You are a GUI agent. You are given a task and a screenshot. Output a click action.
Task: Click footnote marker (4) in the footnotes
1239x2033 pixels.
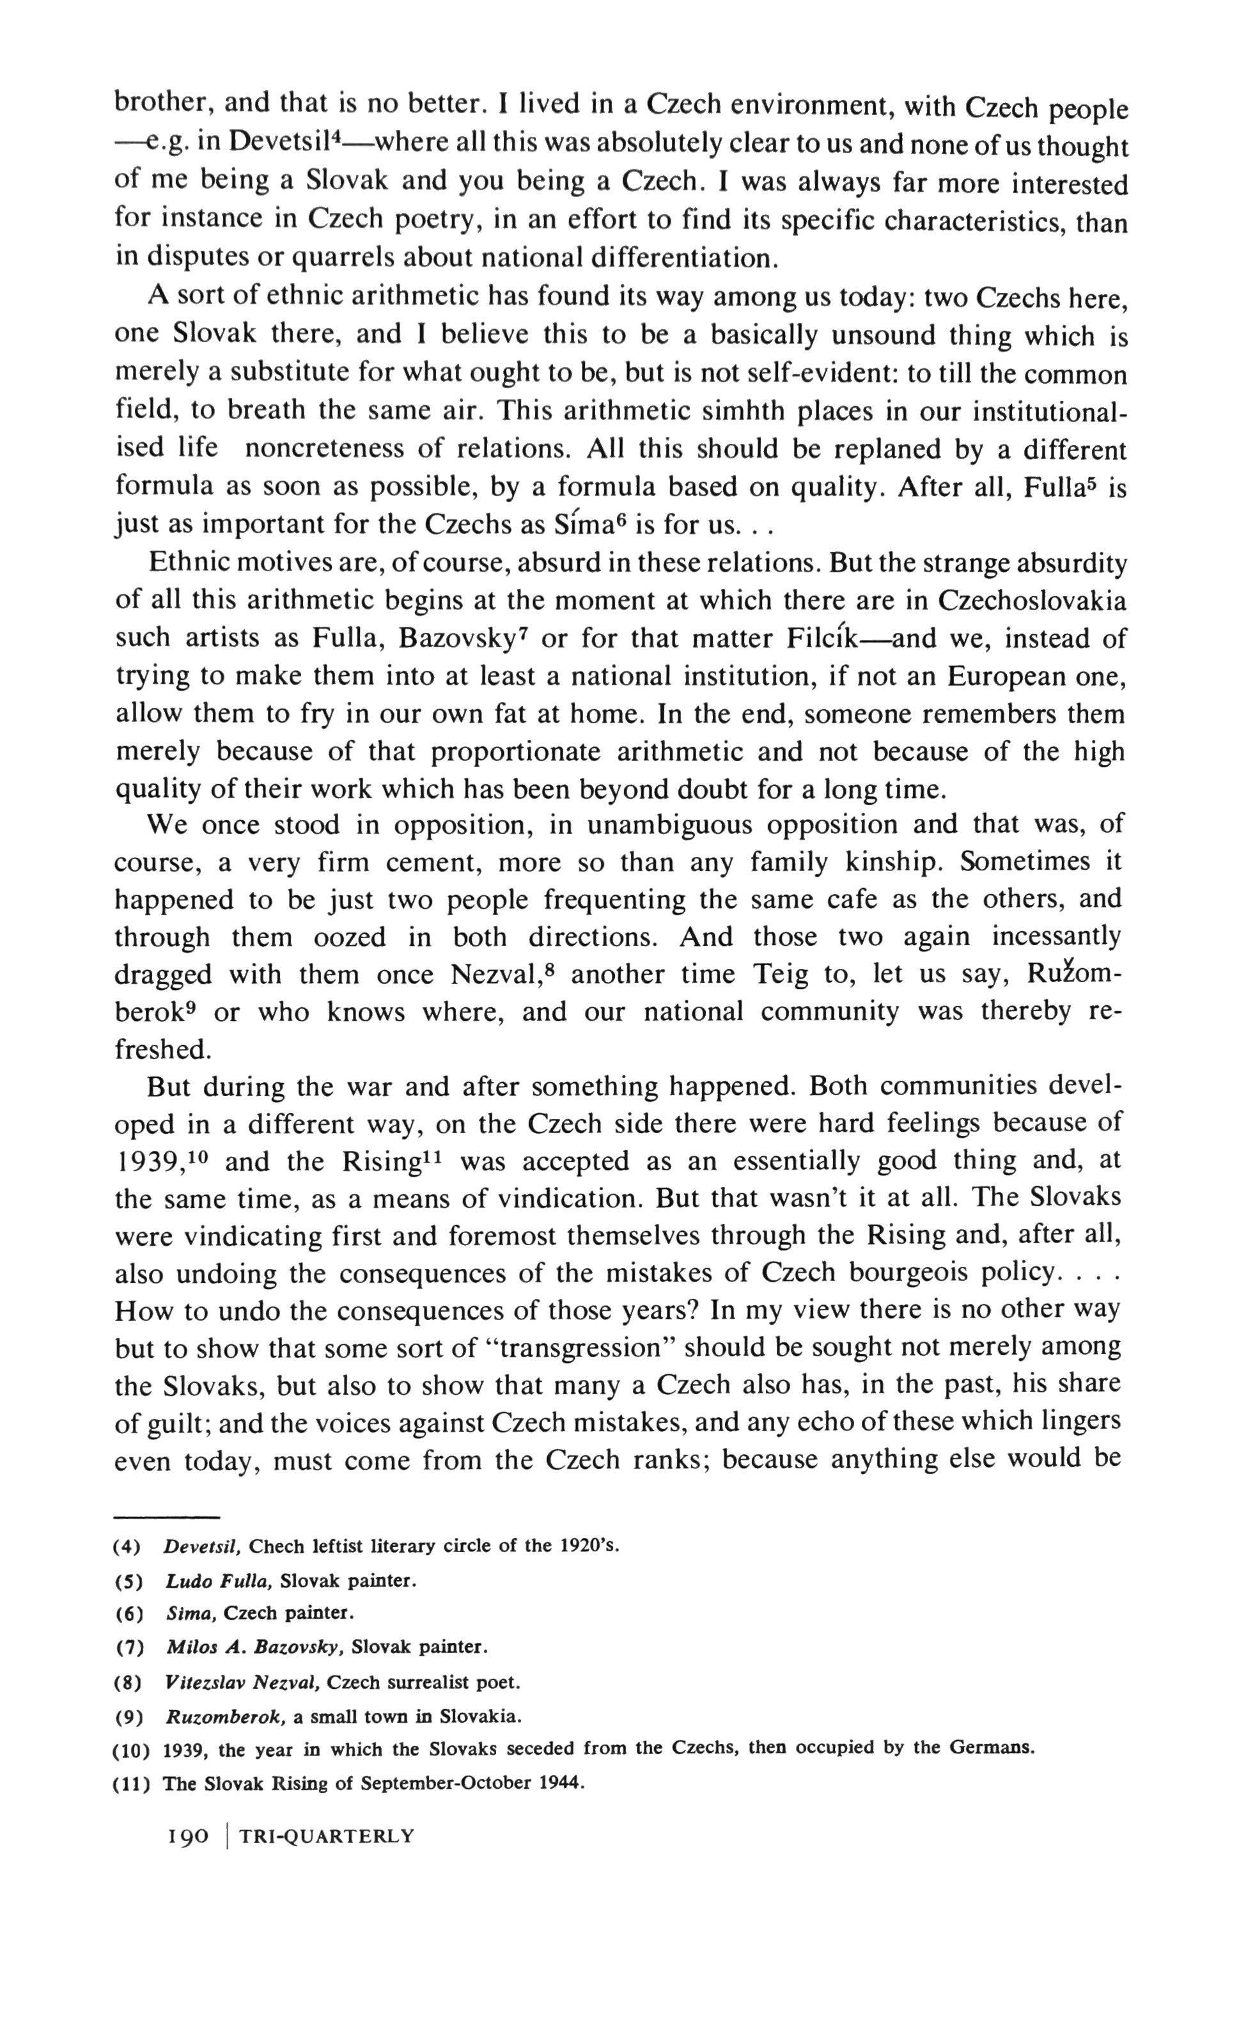[x=128, y=1546]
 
